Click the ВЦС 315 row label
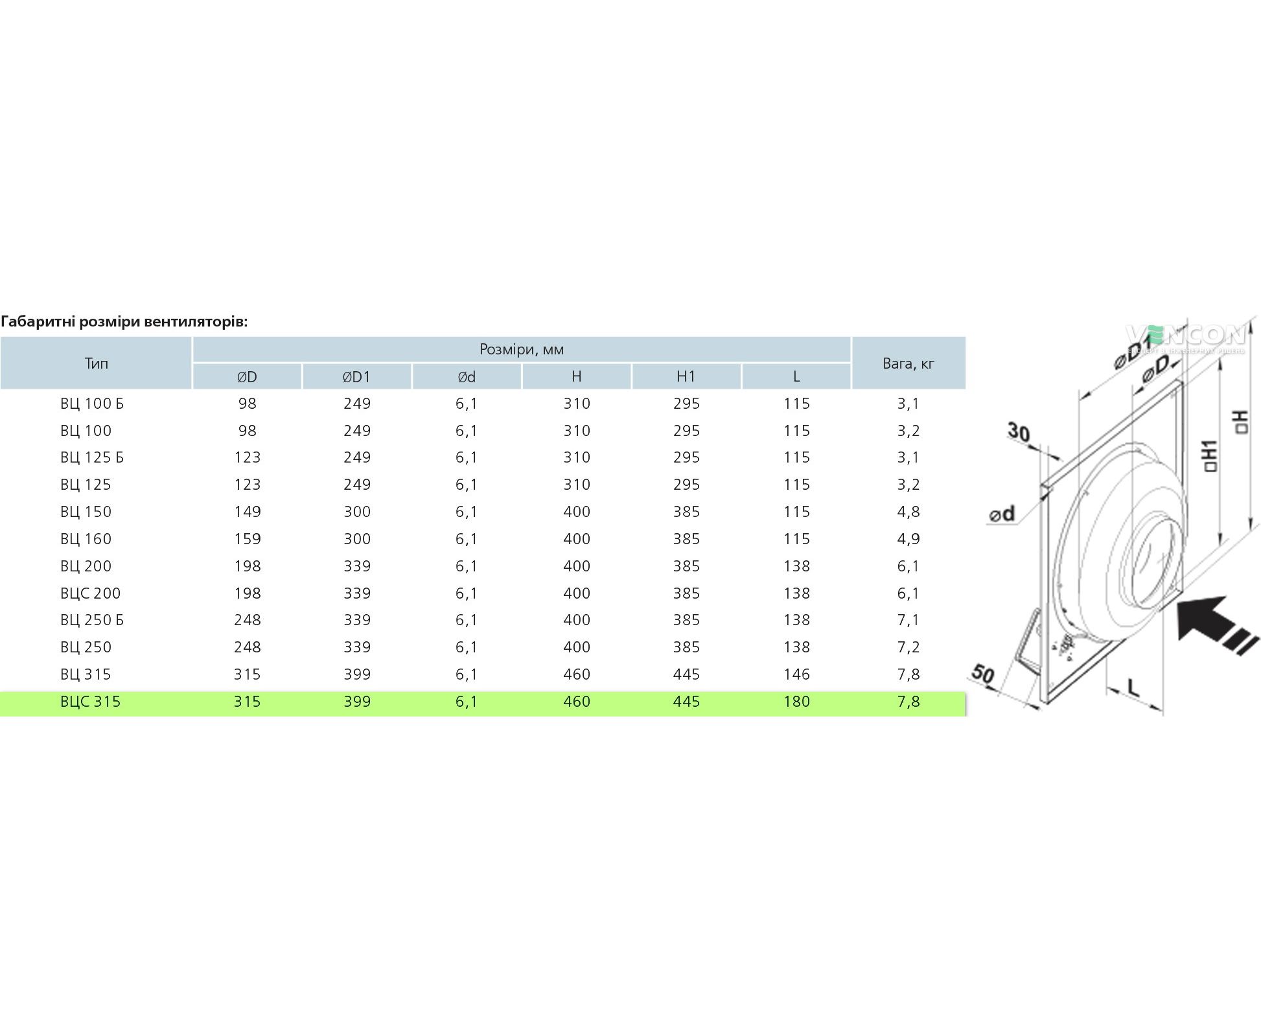[90, 702]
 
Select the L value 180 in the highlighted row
[796, 702]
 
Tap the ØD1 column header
[356, 376]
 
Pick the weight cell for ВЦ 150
[908, 512]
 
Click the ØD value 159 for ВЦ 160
[247, 539]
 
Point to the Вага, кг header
[908, 363]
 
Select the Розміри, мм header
[522, 350]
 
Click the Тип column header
[96, 363]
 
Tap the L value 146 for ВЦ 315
[796, 674]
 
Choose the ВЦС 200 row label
[90, 593]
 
